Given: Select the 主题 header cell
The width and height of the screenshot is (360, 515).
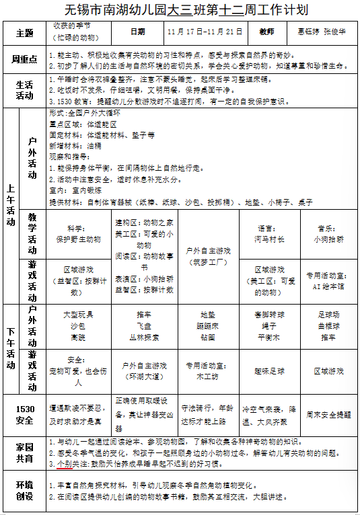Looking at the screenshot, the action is pyautogui.click(x=24, y=32).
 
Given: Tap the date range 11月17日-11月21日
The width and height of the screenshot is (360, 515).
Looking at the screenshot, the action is pyautogui.click(x=205, y=32).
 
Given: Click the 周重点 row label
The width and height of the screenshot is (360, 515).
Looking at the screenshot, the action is pyautogui.click(x=24, y=60).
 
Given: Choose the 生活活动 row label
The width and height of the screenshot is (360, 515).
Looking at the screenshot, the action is pyautogui.click(x=24, y=90).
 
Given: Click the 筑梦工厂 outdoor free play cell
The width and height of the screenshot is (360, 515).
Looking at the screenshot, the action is pyautogui.click(x=209, y=256).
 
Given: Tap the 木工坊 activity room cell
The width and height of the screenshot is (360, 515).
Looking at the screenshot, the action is pyautogui.click(x=208, y=372).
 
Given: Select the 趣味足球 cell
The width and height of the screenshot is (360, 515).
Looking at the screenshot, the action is pyautogui.click(x=269, y=371).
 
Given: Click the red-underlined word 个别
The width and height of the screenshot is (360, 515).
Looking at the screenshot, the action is pyautogui.click(x=64, y=464).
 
